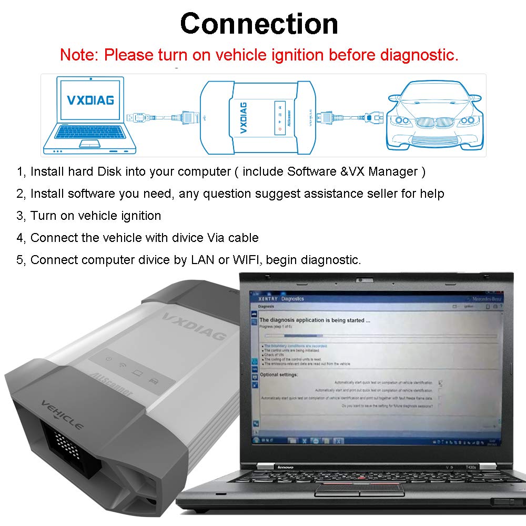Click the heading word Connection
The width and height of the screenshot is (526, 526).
[x=259, y=24]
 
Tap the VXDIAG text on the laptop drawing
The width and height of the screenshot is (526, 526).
[x=90, y=99]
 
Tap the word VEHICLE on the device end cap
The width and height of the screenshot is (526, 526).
[x=62, y=414]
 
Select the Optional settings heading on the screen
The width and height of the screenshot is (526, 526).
[x=279, y=375]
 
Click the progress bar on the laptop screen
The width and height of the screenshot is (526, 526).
[x=379, y=336]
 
